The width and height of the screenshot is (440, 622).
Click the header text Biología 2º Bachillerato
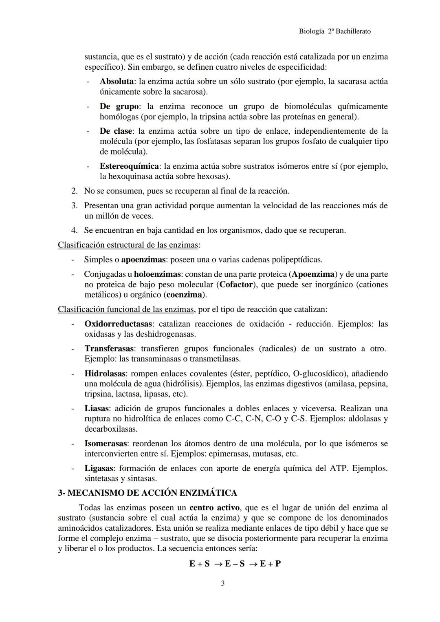click(x=334, y=31)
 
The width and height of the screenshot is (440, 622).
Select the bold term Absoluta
click(x=117, y=82)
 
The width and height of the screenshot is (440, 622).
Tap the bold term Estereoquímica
click(x=129, y=166)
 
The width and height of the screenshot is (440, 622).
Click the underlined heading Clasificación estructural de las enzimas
click(x=128, y=245)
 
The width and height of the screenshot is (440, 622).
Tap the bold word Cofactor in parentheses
click(x=236, y=285)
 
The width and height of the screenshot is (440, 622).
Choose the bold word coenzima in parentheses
click(x=184, y=294)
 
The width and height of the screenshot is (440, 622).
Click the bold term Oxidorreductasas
click(x=119, y=324)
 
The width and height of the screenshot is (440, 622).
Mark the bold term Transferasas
click(x=109, y=349)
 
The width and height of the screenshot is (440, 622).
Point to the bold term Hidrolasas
click(x=105, y=374)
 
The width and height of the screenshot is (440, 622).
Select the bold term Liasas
click(x=97, y=408)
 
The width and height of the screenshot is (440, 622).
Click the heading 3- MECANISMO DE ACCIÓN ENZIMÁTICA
click(x=147, y=493)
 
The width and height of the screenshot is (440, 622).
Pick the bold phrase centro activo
click(x=214, y=508)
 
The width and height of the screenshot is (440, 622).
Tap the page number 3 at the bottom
click(x=222, y=584)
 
